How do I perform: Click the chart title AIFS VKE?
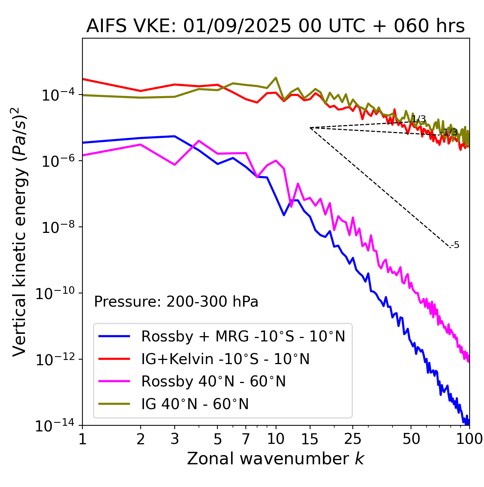(275, 26)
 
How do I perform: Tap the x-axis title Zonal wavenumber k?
(275, 459)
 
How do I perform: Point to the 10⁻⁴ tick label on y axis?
(57, 95)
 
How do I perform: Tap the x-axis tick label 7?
(246, 439)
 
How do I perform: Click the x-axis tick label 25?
(353, 439)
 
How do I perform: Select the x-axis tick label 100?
(469, 439)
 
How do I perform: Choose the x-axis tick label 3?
(175, 439)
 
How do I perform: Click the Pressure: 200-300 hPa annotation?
(176, 302)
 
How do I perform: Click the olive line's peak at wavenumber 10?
(276, 78)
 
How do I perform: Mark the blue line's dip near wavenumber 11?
(284, 215)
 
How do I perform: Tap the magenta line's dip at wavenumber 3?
(175, 165)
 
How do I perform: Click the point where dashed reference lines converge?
(310, 128)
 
